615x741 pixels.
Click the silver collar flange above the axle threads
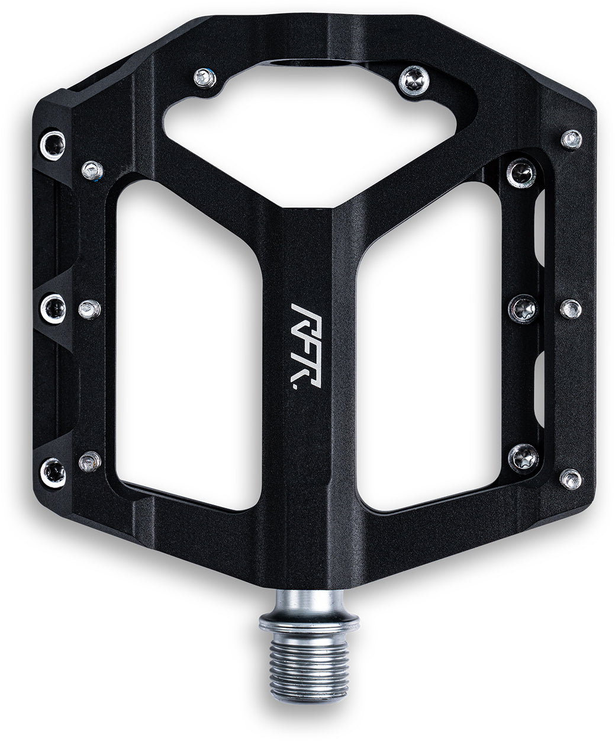point(309,624)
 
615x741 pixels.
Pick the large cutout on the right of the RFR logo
point(429,346)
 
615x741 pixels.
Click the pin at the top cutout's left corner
point(205,78)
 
